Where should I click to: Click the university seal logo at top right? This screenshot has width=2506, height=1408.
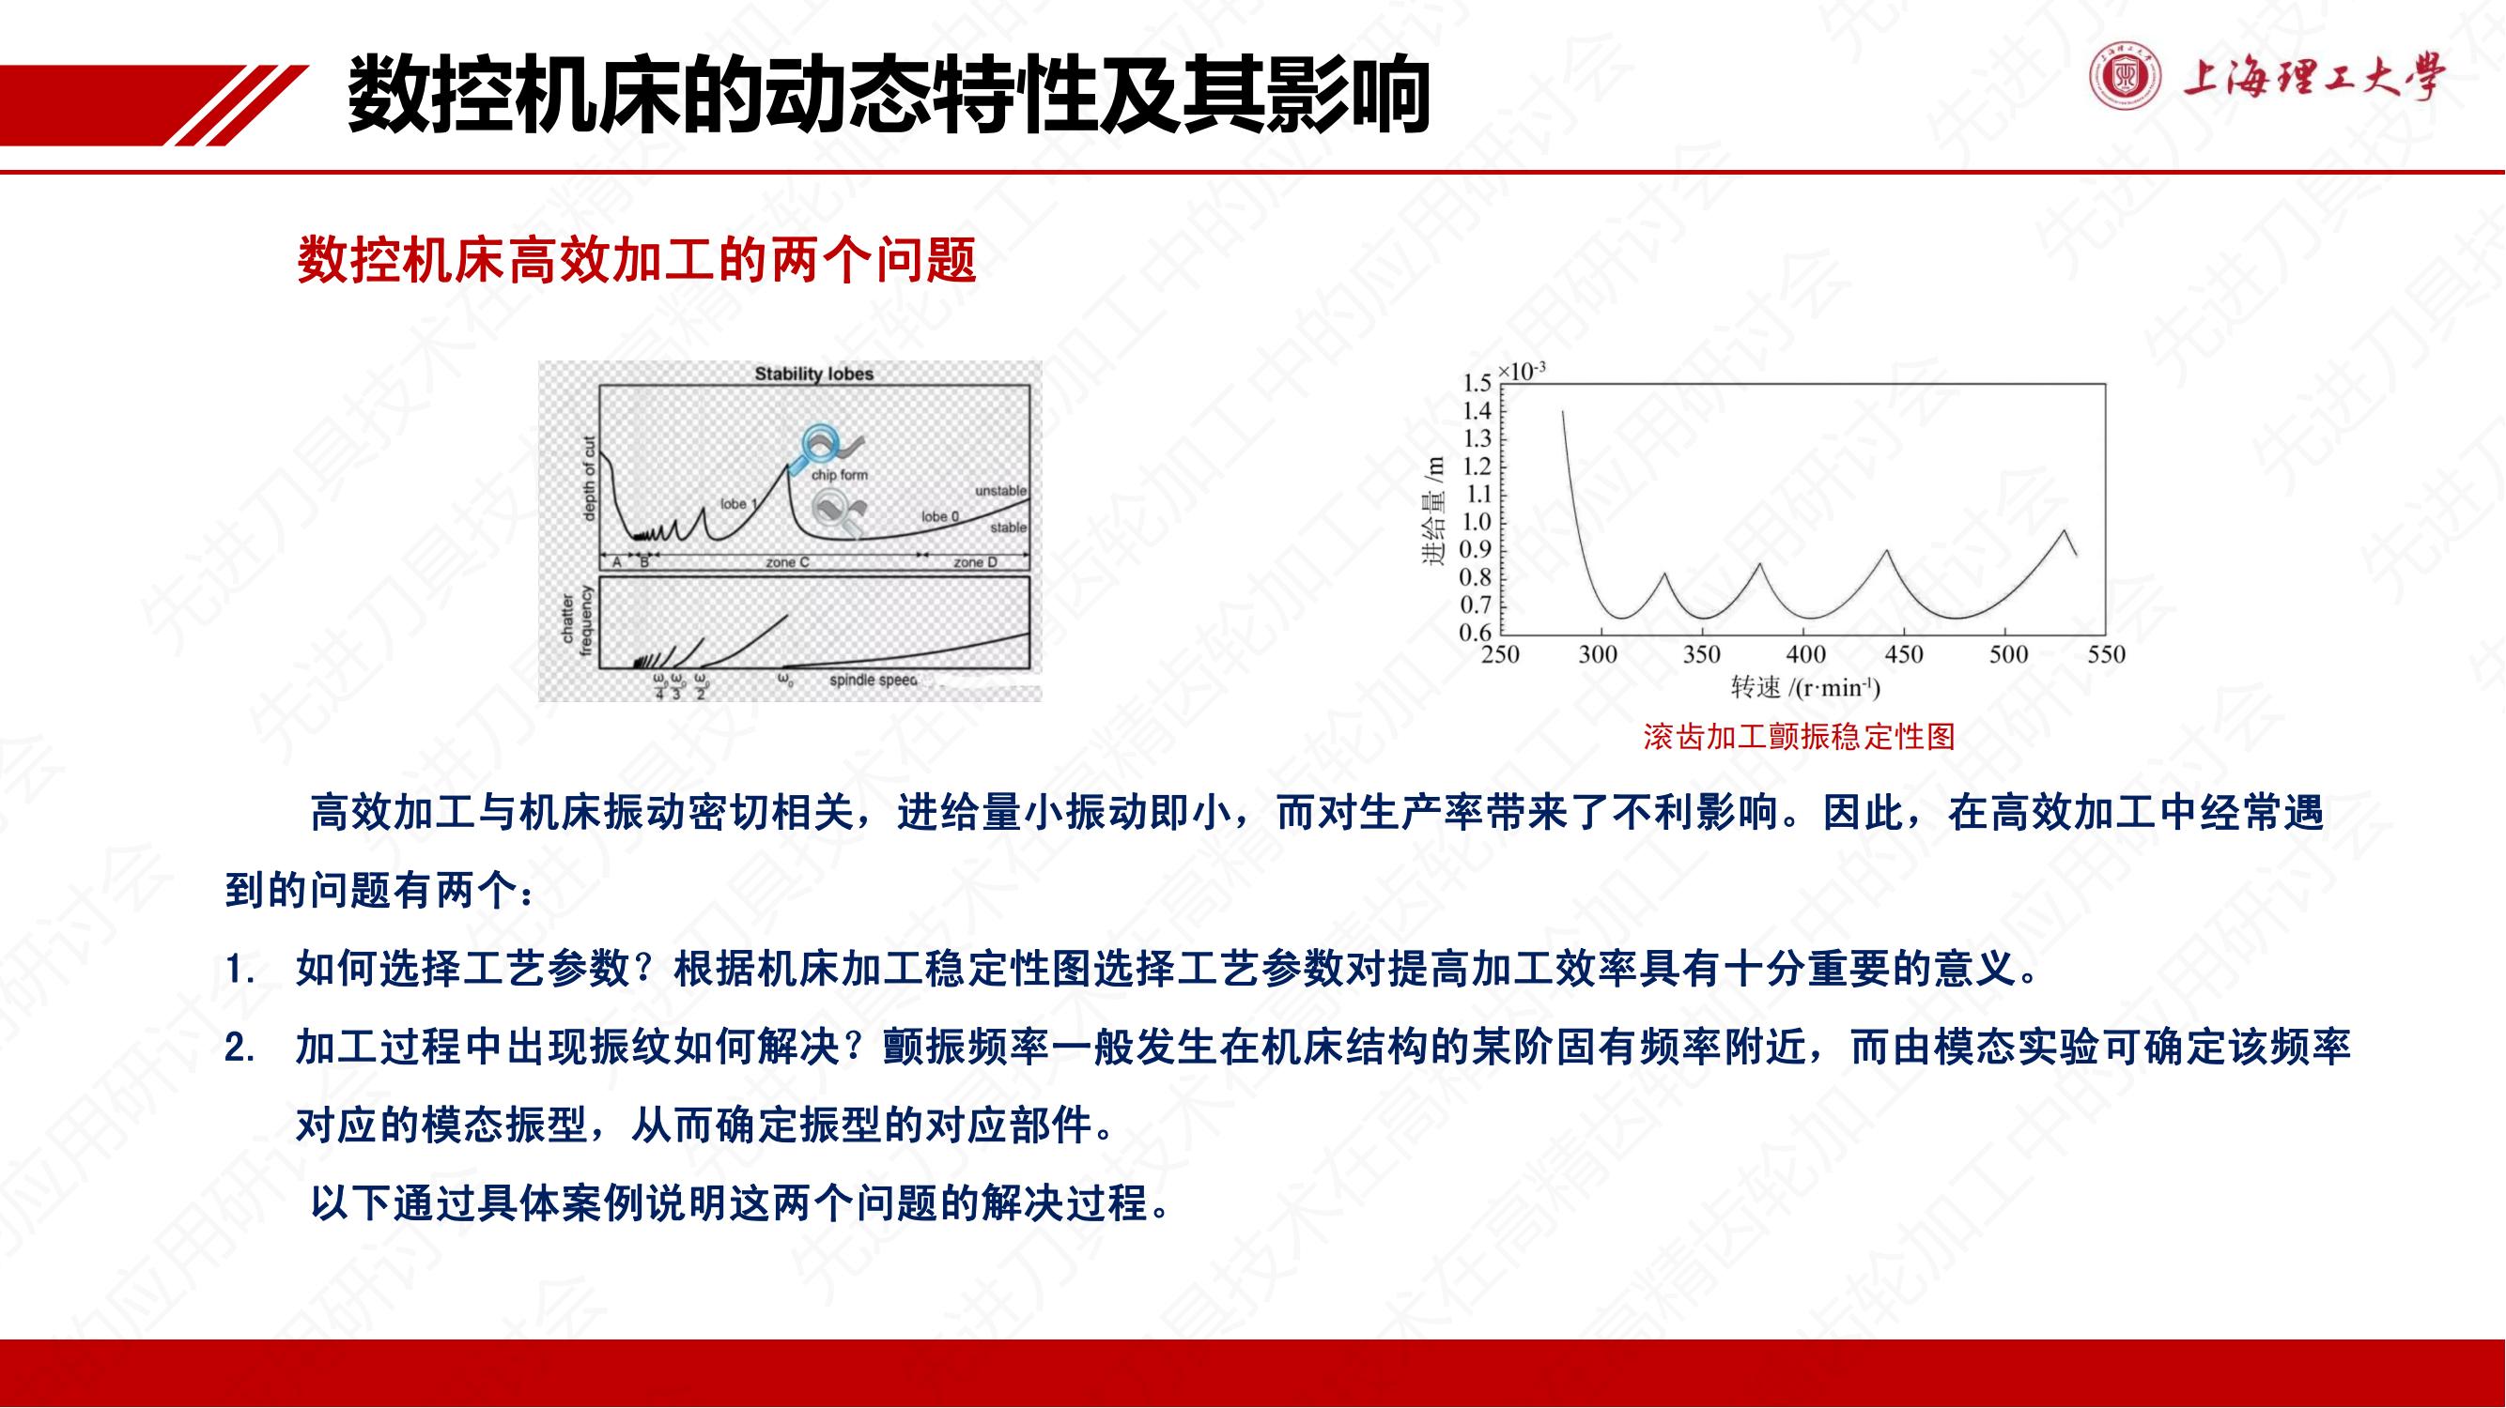click(x=2126, y=77)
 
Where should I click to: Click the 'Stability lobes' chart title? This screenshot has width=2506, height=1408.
click(x=814, y=374)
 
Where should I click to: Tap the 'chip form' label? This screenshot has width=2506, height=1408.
click(x=840, y=475)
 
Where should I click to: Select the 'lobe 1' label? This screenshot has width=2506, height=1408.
click(x=738, y=503)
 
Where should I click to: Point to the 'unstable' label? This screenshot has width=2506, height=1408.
click(x=1001, y=491)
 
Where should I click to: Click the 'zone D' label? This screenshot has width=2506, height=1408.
click(x=975, y=562)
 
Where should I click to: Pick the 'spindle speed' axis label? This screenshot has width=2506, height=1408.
click(x=873, y=681)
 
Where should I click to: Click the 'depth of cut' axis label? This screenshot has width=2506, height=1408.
click(x=589, y=479)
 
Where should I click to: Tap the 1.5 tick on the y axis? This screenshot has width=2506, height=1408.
click(x=1477, y=383)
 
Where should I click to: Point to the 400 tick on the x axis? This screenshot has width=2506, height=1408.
click(x=1805, y=654)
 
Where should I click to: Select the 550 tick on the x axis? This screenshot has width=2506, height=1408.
click(x=2106, y=654)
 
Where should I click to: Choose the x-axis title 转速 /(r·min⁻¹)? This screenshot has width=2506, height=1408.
click(x=1804, y=687)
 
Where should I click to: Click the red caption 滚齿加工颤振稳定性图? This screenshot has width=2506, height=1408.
click(x=1799, y=737)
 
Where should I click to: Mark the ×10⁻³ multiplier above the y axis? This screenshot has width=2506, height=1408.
click(x=1523, y=371)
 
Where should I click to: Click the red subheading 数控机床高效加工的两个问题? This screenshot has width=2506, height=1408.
click(x=637, y=260)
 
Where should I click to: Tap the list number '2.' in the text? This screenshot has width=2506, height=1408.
click(x=240, y=1048)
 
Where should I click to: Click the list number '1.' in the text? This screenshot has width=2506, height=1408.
click(x=240, y=970)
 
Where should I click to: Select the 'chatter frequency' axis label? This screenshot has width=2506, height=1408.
click(x=577, y=620)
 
